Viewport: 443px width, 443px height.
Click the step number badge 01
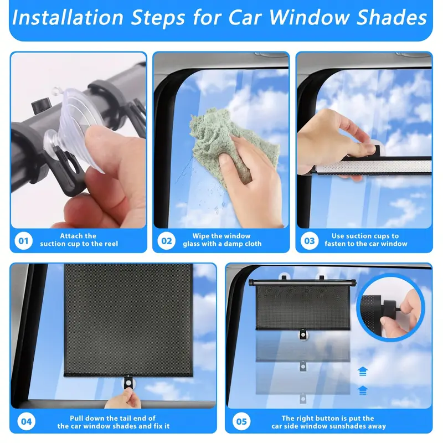[x=23, y=241]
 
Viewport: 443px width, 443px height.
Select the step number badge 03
[x=309, y=241]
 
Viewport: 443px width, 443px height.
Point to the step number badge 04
[x=26, y=422]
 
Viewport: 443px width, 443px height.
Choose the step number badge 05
[x=241, y=422]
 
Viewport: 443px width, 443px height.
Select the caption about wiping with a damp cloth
[x=221, y=240]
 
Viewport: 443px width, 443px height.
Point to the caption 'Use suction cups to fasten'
[x=365, y=240]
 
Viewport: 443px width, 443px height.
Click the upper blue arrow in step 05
[x=363, y=370]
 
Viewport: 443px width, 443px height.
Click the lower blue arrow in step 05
[x=363, y=389]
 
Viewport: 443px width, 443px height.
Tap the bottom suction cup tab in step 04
[x=129, y=382]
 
